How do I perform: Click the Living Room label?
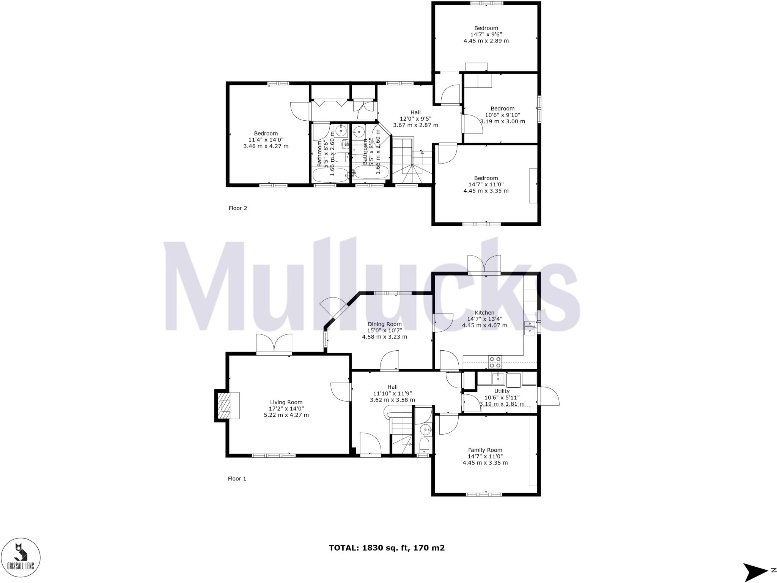pyautogui.click(x=286, y=402)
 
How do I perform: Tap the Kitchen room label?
pyautogui.click(x=484, y=313)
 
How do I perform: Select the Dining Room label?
pyautogui.click(x=384, y=324)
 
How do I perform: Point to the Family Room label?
pyautogui.click(x=485, y=450)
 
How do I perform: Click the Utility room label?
pyautogui.click(x=502, y=391)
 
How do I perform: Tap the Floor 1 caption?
pyautogui.click(x=237, y=479)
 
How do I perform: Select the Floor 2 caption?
pyautogui.click(x=238, y=208)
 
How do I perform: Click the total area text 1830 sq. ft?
pyautogui.click(x=386, y=548)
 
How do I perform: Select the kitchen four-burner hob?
pyautogui.click(x=495, y=362)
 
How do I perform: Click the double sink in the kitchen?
pyautogui.click(x=529, y=328)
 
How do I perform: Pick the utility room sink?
pyautogui.click(x=498, y=378)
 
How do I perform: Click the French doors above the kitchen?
pyautogui.click(x=484, y=265)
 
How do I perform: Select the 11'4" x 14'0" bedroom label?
pyautogui.click(x=266, y=133)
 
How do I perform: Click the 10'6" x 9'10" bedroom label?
pyautogui.click(x=502, y=109)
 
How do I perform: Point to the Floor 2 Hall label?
pyautogui.click(x=415, y=112)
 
